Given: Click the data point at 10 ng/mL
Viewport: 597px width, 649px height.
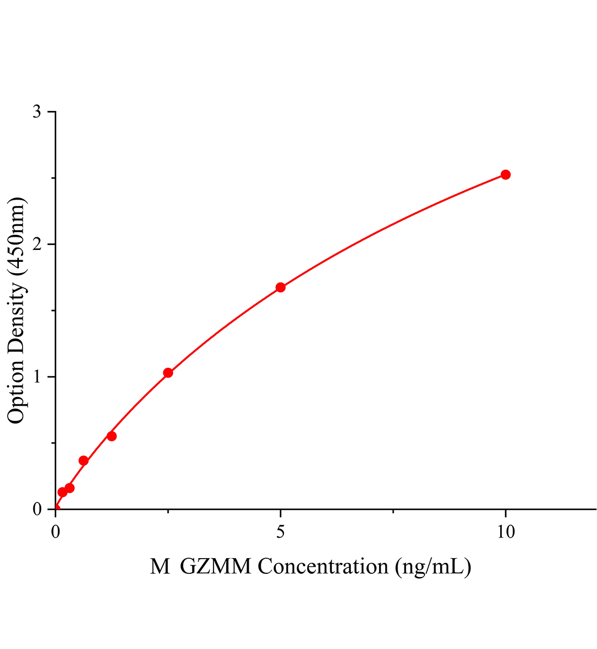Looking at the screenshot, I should click(506, 175).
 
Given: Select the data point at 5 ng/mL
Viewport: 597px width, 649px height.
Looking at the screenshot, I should click(280, 287).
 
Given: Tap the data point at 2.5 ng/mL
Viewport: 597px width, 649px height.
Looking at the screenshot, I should click(168, 373).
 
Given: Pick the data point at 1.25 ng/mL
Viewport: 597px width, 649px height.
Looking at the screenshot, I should click(111, 436).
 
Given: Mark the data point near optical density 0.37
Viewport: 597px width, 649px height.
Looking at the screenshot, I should click(83, 461).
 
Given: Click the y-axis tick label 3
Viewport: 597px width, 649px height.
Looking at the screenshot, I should click(37, 112).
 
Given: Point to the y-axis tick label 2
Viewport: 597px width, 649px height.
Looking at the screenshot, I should click(37, 244).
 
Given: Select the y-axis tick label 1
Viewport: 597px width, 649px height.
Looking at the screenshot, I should click(37, 377).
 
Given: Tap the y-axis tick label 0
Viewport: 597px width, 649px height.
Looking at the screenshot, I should click(37, 509).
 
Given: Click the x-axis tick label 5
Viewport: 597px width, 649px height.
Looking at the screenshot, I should click(280, 532).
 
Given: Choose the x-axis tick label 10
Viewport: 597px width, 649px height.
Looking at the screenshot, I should click(506, 532).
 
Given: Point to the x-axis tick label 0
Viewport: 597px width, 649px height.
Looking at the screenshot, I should click(56, 532).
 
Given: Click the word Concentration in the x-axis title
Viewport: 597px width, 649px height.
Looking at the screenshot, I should click(323, 567).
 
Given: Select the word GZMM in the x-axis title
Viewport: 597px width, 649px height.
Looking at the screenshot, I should click(216, 567).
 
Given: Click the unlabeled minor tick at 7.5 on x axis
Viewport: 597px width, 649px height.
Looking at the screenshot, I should click(393, 511).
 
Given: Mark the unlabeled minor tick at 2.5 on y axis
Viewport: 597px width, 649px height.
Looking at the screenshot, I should click(53, 178).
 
